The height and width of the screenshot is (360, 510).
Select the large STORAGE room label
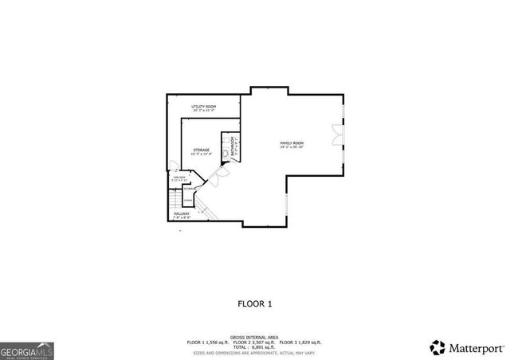[x=201, y=149]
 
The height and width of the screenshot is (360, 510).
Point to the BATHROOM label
[x=232, y=145]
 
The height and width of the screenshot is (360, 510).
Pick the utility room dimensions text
[x=205, y=110]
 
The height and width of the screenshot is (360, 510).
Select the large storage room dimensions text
[x=201, y=154]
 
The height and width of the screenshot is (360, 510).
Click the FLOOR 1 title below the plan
[x=255, y=303]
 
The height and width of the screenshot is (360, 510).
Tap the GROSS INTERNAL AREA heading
[x=255, y=337]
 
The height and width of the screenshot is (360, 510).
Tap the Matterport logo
[x=468, y=347]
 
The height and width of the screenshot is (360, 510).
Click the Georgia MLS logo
[x=26, y=350]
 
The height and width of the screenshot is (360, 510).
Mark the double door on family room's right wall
[x=339, y=132]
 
